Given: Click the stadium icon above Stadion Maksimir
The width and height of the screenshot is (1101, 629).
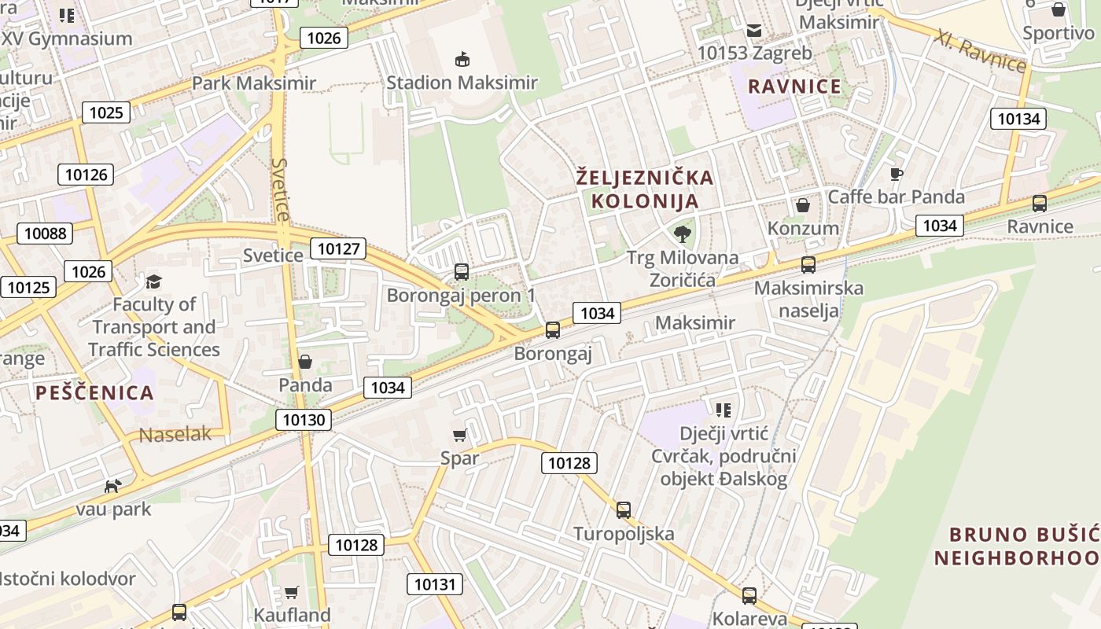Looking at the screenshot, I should pyautogui.click(x=462, y=59).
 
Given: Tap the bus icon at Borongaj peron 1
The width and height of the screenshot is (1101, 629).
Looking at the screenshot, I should pyautogui.click(x=462, y=272).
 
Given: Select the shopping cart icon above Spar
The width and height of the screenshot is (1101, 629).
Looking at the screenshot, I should pyautogui.click(x=460, y=435).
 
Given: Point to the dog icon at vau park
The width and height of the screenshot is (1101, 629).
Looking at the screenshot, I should pyautogui.click(x=113, y=486).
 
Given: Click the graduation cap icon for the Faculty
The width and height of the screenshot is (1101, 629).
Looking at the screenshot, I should pyautogui.click(x=153, y=281).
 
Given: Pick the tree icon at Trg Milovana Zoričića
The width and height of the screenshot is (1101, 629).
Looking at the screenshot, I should pyautogui.click(x=683, y=233).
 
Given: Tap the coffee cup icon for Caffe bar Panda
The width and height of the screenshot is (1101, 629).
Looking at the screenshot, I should pyautogui.click(x=896, y=174).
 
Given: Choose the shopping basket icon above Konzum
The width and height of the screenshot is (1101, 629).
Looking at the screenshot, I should pyautogui.click(x=803, y=205).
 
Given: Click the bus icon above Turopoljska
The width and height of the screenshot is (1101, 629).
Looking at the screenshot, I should pyautogui.click(x=624, y=510).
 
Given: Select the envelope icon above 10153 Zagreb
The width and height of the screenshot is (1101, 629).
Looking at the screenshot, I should pyautogui.click(x=754, y=31).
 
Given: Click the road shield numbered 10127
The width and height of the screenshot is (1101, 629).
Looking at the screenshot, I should pyautogui.click(x=339, y=249).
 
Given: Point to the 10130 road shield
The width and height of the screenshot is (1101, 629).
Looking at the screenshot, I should pyautogui.click(x=304, y=420).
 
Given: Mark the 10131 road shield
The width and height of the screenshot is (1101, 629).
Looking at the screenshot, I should pyautogui.click(x=434, y=584).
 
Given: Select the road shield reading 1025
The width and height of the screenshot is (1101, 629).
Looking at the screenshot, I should pyautogui.click(x=106, y=112).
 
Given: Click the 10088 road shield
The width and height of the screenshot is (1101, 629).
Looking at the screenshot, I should pyautogui.click(x=45, y=233).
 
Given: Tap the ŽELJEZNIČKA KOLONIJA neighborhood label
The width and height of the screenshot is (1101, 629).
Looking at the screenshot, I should pyautogui.click(x=644, y=189).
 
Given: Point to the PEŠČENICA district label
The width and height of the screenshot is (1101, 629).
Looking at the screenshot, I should pyautogui.click(x=94, y=393).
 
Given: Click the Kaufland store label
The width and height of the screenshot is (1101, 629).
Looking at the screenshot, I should pyautogui.click(x=292, y=615).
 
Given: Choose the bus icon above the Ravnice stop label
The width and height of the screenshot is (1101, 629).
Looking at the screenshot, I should pyautogui.click(x=1040, y=204).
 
